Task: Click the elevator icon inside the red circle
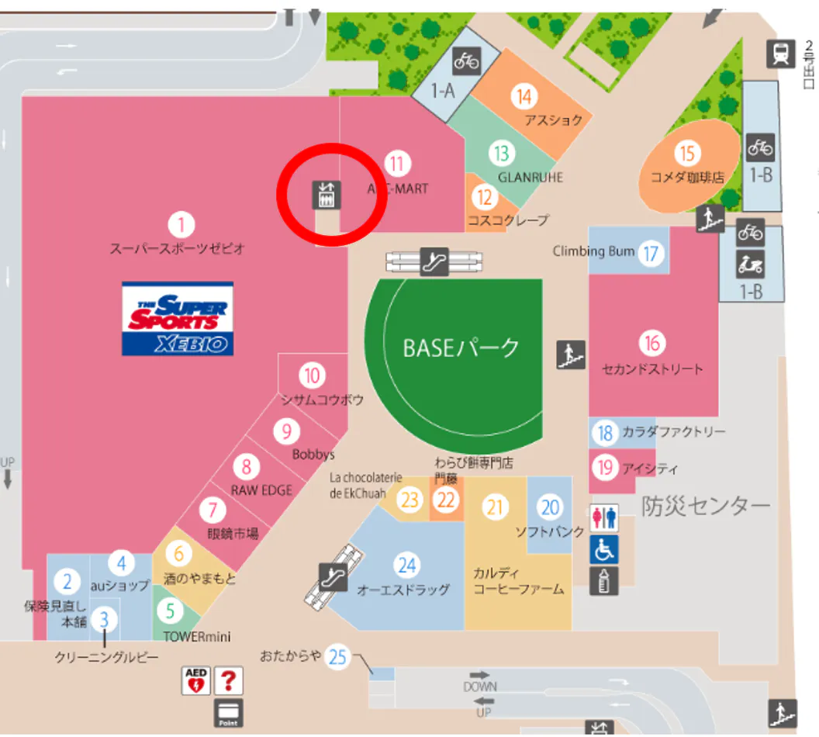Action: click(326, 195)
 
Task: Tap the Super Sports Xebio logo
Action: click(178, 318)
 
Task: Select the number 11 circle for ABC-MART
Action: click(397, 164)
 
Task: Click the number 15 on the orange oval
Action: click(687, 153)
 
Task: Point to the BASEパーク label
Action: click(461, 348)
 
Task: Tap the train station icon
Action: click(780, 53)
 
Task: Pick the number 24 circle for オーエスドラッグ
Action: click(406, 564)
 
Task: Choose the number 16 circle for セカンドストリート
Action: click(652, 342)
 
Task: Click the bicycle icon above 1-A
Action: click(467, 60)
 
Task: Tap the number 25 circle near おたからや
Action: click(337, 657)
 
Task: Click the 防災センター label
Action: click(706, 506)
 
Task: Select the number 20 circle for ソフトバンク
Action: click(550, 507)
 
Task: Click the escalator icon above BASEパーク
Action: click(434, 261)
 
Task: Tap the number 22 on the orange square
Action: click(446, 500)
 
